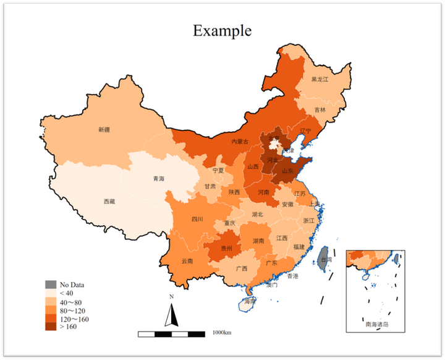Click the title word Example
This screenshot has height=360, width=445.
222,30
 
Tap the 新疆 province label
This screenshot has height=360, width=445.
104,130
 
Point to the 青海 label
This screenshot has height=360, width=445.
159,179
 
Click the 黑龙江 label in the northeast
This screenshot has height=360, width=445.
320,80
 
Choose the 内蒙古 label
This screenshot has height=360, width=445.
240,142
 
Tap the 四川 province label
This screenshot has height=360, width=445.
197,219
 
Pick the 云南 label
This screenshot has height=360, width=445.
187,261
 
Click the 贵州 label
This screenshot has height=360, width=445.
226,248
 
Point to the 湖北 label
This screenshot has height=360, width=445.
257,215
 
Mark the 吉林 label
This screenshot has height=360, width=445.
320,110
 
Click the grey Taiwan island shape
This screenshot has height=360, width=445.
321,258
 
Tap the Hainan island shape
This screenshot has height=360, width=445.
249,302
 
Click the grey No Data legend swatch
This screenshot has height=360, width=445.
50,285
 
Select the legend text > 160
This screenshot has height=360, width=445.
68,327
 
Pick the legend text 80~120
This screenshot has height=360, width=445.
74,310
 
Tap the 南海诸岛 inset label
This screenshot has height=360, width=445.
376,323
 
